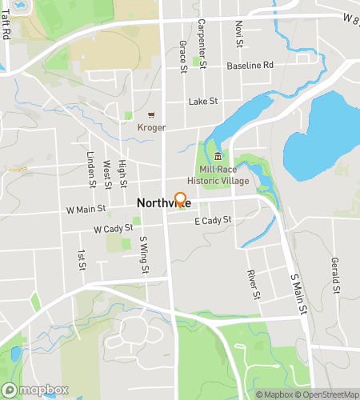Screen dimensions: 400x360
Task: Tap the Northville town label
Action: click(162, 204)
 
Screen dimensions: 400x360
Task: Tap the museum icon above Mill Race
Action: click(218, 156)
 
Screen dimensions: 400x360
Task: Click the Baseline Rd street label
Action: click(250, 65)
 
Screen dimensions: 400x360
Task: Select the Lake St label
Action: click(203, 102)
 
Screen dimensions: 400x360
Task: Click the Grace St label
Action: click(182, 55)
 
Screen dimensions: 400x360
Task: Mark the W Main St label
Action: click(86, 210)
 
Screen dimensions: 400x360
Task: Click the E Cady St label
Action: click(212, 220)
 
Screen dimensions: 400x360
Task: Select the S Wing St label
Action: click(144, 254)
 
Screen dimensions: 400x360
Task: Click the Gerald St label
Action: click(334, 274)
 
